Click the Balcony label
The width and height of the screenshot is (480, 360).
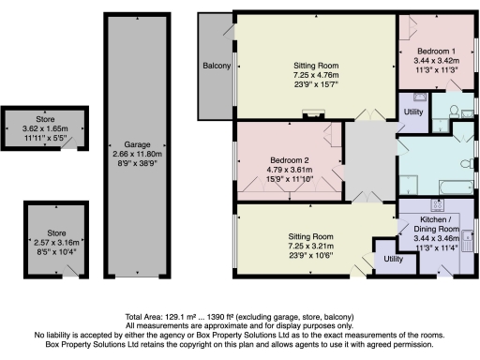tap(216, 67)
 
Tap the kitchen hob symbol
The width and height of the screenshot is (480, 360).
tap(437, 205)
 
